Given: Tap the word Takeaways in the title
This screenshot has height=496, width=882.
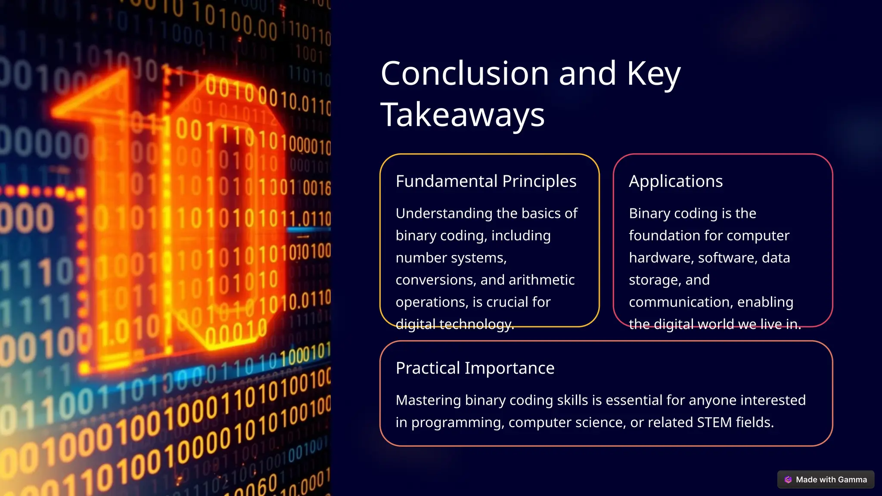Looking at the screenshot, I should (463, 115).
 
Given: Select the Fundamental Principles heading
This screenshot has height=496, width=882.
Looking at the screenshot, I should (486, 181).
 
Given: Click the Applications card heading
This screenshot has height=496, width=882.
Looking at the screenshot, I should (675, 181).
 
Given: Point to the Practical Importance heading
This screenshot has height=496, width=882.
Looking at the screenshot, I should (475, 368).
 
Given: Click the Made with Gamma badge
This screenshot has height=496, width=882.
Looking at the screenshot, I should (826, 480).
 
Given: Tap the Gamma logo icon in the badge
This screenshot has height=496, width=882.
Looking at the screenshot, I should (788, 480).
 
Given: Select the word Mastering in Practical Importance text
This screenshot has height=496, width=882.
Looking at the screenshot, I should (428, 400).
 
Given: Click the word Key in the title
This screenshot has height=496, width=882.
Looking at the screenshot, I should (653, 74).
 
